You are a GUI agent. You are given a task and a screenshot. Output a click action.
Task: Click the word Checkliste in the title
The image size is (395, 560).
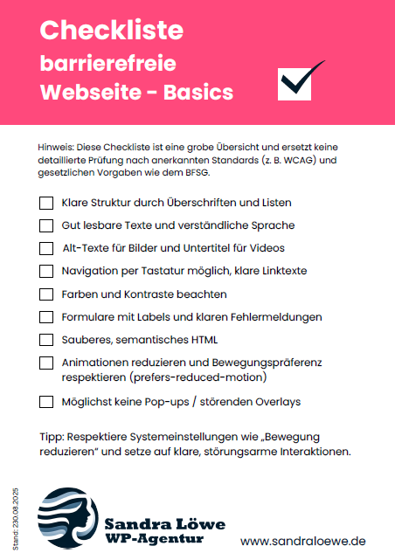coord(112,31)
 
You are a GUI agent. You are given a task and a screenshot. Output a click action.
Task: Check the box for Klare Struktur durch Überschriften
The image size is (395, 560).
coord(46,203)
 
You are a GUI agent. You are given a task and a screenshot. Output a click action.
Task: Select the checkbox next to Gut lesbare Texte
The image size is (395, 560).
coord(46,225)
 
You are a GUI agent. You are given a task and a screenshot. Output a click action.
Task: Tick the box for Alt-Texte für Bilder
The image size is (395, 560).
coord(46,248)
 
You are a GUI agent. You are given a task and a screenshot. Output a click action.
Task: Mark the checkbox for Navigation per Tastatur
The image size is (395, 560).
coord(46,271)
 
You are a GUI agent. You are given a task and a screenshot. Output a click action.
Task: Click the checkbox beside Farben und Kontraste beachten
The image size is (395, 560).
coord(46,294)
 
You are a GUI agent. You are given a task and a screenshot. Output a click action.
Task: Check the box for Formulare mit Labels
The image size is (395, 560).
coord(46,316)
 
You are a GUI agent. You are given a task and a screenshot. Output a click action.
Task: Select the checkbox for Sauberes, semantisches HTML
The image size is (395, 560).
coord(46,339)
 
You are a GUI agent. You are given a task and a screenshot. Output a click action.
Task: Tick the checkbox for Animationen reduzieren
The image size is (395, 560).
coord(46,363)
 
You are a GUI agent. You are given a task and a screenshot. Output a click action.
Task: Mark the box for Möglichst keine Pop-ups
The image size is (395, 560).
coord(46,402)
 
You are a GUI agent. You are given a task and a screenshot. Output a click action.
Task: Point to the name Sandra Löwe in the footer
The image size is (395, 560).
coord(164,524)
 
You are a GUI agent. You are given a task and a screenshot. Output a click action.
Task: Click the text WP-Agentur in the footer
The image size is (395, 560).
coord(153,540)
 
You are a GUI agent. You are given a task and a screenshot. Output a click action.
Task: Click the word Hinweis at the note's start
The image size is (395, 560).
coord(56,147)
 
